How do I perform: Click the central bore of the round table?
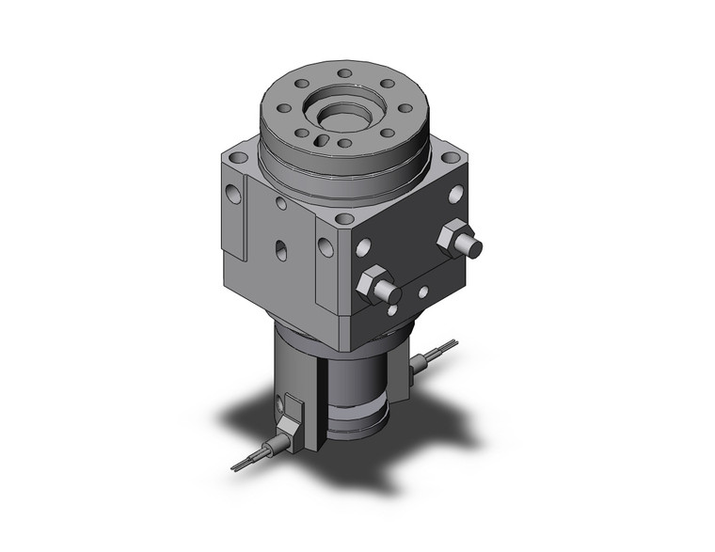point(342,116)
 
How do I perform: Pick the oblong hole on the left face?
point(280,250)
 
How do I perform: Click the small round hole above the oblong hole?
point(281,203)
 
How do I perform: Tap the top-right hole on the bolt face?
point(456,195)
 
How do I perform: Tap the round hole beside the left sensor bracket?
point(279,405)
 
